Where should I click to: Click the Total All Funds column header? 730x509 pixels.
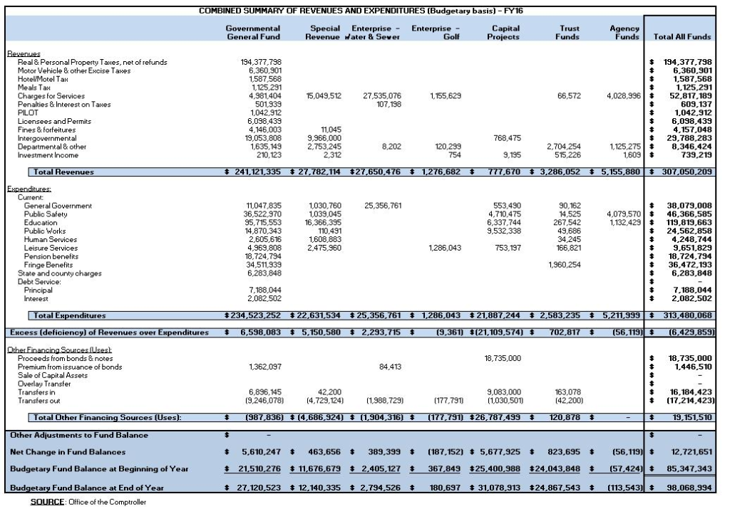[x=682, y=37]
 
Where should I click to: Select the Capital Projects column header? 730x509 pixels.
[x=503, y=33]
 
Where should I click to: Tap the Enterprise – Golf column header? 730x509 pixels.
[x=436, y=33]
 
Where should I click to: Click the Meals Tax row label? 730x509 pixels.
[x=34, y=88]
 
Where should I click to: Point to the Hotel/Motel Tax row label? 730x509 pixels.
[x=43, y=79]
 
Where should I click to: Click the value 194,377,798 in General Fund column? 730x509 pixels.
[x=261, y=62]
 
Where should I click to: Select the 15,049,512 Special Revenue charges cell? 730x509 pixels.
[x=324, y=96]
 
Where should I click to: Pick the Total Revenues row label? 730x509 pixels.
[x=63, y=172]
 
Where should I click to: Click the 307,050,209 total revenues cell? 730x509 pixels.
[x=687, y=172]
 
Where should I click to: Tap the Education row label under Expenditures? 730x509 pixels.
[x=41, y=223]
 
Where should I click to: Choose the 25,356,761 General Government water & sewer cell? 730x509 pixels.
[x=383, y=206]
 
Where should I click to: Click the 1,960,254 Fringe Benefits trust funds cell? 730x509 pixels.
[x=565, y=265]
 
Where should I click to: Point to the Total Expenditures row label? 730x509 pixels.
[x=69, y=315]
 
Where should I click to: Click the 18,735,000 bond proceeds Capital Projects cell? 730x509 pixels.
[x=503, y=358]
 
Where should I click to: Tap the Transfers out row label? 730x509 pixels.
[x=39, y=401]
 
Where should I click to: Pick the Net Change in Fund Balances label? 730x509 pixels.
[x=68, y=452]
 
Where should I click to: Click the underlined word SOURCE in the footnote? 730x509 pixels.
[x=48, y=502]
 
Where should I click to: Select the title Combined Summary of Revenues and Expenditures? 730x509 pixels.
[x=361, y=11]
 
